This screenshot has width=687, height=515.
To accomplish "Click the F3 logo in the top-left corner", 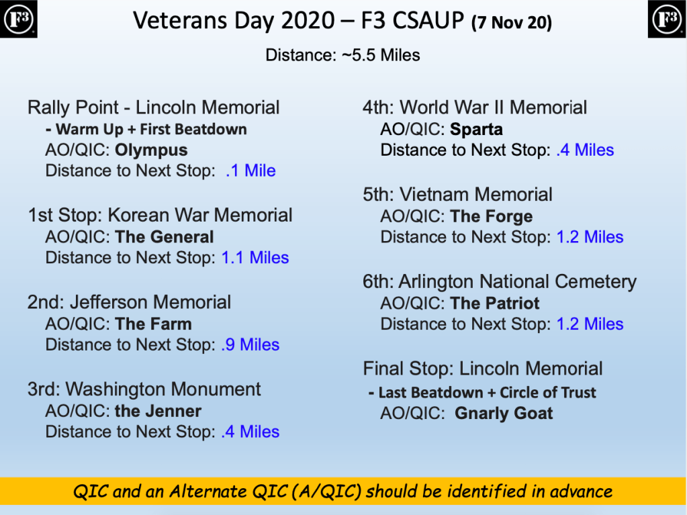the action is click(x=18, y=19).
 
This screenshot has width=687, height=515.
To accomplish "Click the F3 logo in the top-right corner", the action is click(x=667, y=19).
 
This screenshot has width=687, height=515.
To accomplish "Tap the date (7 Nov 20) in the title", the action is click(x=512, y=23).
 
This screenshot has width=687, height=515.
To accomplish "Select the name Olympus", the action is click(x=151, y=150).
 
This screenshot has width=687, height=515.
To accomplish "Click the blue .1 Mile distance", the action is click(x=250, y=171).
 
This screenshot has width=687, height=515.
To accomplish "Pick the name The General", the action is click(x=165, y=237).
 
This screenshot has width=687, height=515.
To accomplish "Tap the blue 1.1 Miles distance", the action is click(x=255, y=258).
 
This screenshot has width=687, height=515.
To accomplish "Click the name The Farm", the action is click(x=153, y=324).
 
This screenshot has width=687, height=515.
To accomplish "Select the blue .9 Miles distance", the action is click(x=250, y=344).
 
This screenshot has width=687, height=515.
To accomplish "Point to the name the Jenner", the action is click(x=158, y=411).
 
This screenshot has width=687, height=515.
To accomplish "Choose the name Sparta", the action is click(x=476, y=129).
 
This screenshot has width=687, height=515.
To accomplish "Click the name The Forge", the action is click(x=491, y=216).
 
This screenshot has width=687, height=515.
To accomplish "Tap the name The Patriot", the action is click(x=495, y=303).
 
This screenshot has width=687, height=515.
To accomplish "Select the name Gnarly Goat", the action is click(x=504, y=414).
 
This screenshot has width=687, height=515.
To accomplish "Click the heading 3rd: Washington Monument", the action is click(x=144, y=389).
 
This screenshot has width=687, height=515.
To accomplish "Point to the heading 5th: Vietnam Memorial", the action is click(x=457, y=195).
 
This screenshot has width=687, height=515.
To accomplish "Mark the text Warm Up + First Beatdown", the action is click(x=151, y=129).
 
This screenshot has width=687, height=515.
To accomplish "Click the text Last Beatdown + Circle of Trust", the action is click(x=487, y=393).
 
